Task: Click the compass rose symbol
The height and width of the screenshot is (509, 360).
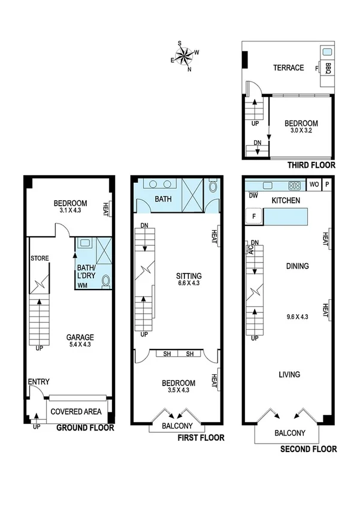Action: (x=185, y=56)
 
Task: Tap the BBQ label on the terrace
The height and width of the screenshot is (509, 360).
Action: (x=328, y=68)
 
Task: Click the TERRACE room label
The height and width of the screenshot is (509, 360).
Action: (x=288, y=68)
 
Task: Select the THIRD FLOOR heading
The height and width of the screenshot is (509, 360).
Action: (x=311, y=165)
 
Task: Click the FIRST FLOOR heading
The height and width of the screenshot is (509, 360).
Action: (x=201, y=438)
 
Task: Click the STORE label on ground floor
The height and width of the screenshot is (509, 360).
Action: (x=40, y=258)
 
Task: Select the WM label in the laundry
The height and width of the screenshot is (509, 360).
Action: (x=81, y=286)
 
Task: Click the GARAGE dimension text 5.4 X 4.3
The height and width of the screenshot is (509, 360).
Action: (x=80, y=345)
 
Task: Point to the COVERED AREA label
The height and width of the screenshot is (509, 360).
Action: (x=74, y=412)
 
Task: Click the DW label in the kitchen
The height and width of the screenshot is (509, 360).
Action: (x=253, y=195)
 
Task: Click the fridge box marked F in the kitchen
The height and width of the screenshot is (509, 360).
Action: (x=254, y=216)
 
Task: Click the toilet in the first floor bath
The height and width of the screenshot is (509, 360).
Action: (x=214, y=186)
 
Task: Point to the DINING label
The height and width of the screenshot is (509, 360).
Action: (x=297, y=266)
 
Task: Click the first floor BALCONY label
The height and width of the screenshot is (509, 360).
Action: (x=177, y=426)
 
